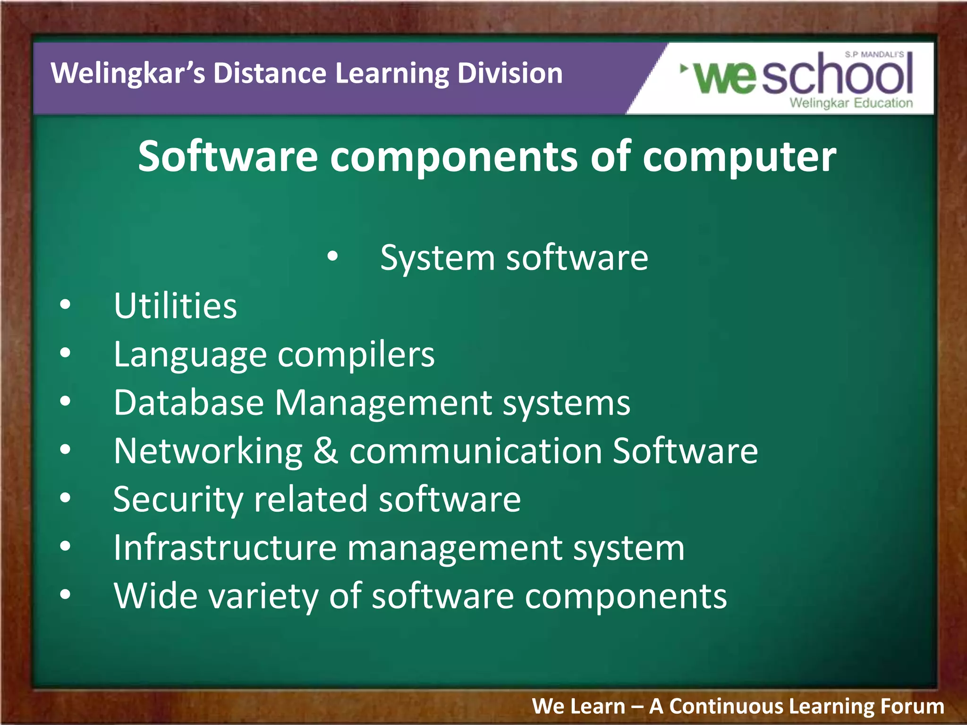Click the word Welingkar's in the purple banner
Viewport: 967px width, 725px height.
click(128, 74)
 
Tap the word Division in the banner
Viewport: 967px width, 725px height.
click(510, 74)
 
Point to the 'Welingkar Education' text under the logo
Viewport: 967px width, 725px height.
click(851, 103)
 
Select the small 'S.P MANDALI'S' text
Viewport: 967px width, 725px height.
click(874, 55)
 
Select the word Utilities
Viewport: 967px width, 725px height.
click(175, 306)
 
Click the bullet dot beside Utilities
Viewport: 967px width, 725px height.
click(65, 305)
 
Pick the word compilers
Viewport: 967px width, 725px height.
click(356, 355)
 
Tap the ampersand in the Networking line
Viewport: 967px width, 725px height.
click(326, 451)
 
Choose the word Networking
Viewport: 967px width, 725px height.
click(208, 452)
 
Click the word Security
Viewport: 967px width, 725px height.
click(178, 500)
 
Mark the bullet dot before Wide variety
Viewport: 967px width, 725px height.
click(65, 595)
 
